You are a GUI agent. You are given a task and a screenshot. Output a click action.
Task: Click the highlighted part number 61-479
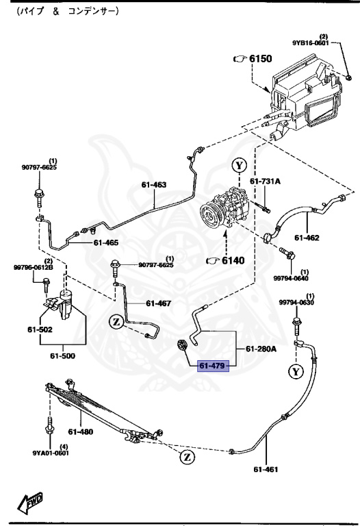click(x=212, y=365)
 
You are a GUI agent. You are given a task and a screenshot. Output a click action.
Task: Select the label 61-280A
click(x=262, y=349)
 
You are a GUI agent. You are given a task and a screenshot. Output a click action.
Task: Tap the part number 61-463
click(x=154, y=184)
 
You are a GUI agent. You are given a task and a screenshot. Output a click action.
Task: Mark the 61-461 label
click(x=267, y=469)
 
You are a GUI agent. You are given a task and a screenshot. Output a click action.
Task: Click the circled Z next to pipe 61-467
click(x=116, y=321)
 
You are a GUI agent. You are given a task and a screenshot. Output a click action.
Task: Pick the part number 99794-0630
click(x=296, y=302)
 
